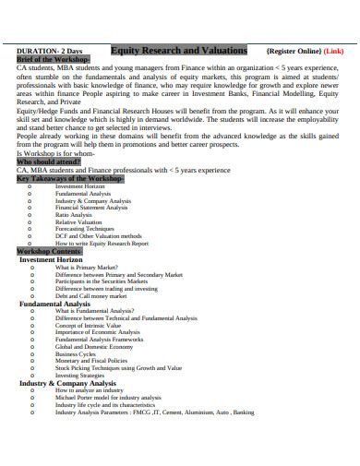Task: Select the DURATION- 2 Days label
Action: [x=51, y=52]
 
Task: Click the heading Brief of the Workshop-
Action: [x=54, y=60]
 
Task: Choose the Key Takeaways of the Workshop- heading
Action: [x=70, y=178]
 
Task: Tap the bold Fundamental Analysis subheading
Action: [x=54, y=304]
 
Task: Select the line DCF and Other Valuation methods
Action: [x=99, y=237]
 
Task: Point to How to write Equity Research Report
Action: [x=102, y=245]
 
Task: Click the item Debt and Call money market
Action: [x=90, y=296]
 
